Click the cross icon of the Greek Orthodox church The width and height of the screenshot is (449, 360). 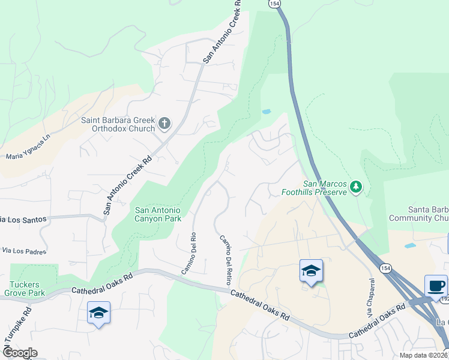coord(164,124)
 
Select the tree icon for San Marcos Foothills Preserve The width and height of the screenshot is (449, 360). coord(357,187)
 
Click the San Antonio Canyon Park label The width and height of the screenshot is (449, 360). coord(157,214)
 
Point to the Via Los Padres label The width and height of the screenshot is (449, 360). coord(24,250)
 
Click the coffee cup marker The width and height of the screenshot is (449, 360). coord(436,286)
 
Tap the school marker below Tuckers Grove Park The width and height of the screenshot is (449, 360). coord(98,313)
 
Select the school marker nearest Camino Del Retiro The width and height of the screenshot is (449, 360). coord(311,271)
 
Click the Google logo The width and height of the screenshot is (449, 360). coord(19,353)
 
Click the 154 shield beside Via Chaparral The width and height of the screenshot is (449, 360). coord(383,266)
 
